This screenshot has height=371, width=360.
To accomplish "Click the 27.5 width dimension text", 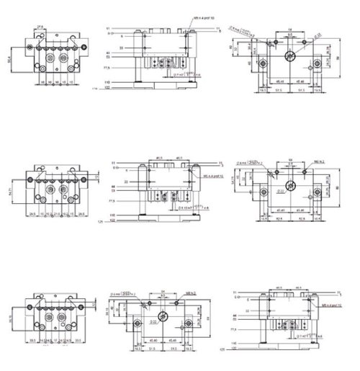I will point(40,27).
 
